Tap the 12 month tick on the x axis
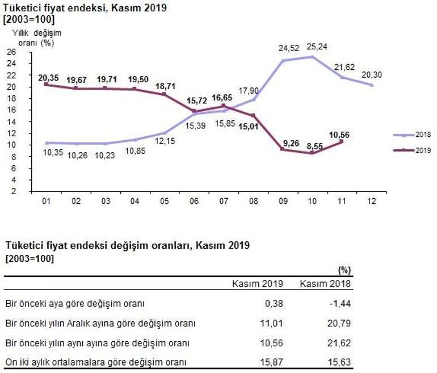point(371,201)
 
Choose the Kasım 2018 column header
point(325,283)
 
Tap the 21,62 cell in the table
point(339,343)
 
